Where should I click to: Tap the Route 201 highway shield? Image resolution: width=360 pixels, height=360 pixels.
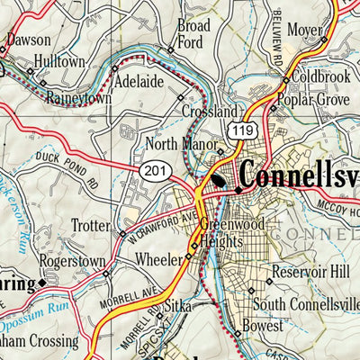coord(151,169)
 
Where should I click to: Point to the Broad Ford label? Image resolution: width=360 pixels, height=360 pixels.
coord(193,32)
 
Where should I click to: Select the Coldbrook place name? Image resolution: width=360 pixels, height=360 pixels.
coord(319,77)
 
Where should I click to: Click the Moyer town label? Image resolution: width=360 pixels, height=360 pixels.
coord(305,32)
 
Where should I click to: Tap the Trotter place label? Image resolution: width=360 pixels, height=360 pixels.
coord(90,226)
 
